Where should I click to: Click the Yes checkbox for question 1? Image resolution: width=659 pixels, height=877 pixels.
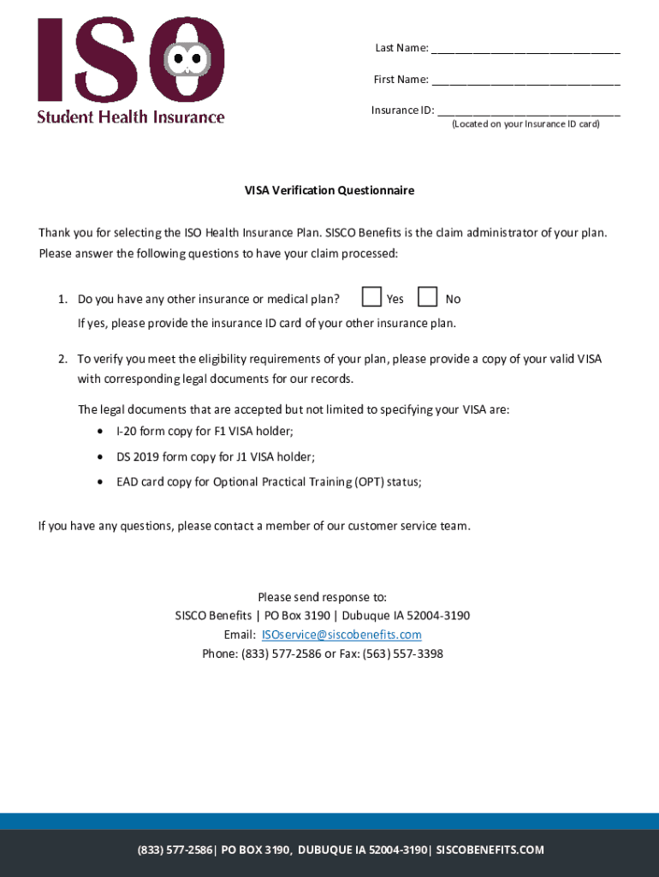[371, 297]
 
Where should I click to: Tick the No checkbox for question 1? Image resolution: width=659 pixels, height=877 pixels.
[427, 297]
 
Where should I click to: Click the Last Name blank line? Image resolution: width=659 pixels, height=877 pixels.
[525, 51]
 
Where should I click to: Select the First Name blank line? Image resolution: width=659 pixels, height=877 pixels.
[525, 82]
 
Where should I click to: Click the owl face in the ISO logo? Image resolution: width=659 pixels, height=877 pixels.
[187, 60]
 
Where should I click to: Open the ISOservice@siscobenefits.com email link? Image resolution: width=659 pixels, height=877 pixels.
[341, 635]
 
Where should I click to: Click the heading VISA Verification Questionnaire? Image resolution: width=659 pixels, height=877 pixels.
[329, 190]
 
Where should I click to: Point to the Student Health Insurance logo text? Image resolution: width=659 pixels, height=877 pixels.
[130, 117]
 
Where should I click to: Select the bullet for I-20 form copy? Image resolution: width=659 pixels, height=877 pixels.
[103, 432]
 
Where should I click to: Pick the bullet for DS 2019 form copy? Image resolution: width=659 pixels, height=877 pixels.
[103, 457]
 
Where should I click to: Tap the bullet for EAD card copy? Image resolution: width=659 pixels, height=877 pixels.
[103, 482]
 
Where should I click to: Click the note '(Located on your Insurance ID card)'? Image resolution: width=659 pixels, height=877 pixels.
[525, 124]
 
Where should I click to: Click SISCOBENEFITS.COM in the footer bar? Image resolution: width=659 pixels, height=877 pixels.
[490, 850]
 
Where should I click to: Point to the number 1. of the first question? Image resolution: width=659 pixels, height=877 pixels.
[62, 299]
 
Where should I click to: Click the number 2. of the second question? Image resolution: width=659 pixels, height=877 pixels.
[62, 359]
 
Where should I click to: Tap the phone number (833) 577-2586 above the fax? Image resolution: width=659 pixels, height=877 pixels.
[281, 653]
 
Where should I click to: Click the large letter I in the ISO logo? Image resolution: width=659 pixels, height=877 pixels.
[50, 60]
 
